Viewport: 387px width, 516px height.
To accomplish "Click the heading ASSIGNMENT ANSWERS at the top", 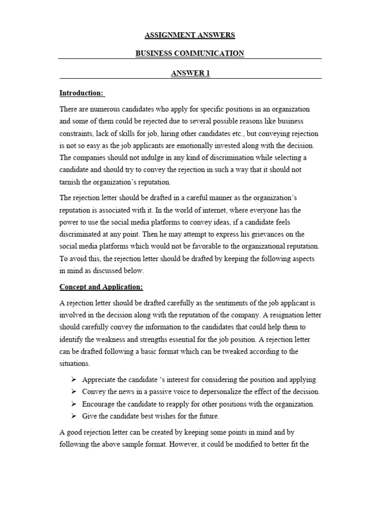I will [x=190, y=35].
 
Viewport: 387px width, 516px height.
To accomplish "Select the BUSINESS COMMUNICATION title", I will [x=190, y=53].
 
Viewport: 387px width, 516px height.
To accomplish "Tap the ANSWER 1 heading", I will [x=190, y=73].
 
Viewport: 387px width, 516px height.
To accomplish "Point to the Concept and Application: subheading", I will [x=101, y=287].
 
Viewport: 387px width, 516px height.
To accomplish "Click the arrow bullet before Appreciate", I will [x=73, y=379].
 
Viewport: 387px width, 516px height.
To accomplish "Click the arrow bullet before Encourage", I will [x=73, y=404].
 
